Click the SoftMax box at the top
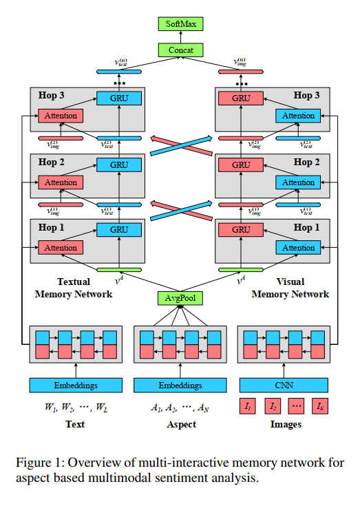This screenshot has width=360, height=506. (181, 24)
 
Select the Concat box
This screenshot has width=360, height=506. (181, 50)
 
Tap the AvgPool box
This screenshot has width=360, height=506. (181, 298)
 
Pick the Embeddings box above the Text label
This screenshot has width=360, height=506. (75, 385)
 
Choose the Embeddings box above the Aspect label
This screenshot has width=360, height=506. (181, 385)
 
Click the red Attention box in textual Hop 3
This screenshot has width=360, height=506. (61, 116)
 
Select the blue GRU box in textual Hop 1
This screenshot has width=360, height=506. (120, 230)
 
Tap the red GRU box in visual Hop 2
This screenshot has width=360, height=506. (241, 165)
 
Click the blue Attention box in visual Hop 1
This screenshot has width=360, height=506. (298, 248)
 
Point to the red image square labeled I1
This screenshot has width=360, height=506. (252, 406)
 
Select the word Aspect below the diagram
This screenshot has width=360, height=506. (181, 424)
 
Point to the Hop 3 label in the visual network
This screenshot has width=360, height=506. (307, 96)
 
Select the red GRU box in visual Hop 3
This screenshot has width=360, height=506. (241, 98)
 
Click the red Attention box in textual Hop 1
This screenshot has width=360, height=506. (61, 248)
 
